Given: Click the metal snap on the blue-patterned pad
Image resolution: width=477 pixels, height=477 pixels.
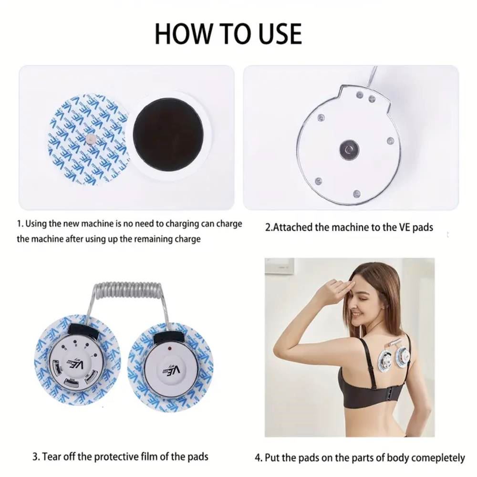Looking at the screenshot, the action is coord(90,139).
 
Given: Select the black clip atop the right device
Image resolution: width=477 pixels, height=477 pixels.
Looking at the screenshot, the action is coord(169,338).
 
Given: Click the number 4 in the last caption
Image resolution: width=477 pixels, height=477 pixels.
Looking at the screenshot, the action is coord(258,457).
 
